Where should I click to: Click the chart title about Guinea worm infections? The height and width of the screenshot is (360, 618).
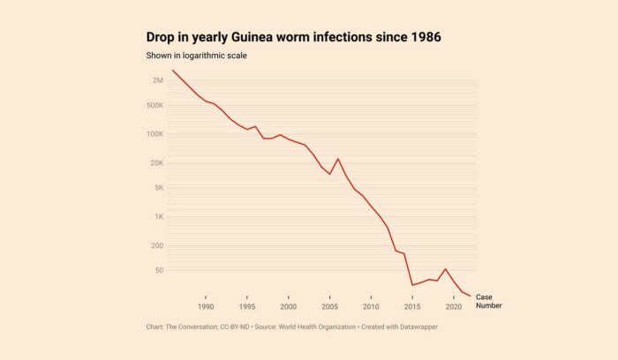point(294,37)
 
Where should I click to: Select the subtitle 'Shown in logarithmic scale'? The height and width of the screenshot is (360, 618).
point(196,56)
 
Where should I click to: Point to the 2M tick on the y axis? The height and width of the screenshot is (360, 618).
point(157,80)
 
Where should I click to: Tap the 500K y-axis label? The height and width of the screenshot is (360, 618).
point(154,105)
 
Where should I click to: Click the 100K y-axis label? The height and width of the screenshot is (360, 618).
point(154,134)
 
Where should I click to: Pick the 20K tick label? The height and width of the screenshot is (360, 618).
point(156,163)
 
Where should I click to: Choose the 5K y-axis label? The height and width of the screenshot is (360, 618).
point(158,188)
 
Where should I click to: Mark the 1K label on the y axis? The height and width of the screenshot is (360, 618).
point(158,217)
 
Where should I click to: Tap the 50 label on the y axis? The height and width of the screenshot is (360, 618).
point(159,271)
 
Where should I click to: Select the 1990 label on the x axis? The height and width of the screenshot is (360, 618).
point(206,306)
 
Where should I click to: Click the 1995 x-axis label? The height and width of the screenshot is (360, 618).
point(247,306)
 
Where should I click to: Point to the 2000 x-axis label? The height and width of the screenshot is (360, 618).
point(289,306)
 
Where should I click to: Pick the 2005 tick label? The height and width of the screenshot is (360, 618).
point(329,306)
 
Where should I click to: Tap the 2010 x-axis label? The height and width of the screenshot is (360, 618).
point(371,306)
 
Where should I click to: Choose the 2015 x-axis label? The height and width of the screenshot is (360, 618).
point(412,306)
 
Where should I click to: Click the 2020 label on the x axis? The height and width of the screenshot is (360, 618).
point(454,306)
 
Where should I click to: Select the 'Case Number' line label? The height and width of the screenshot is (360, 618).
point(489,301)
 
